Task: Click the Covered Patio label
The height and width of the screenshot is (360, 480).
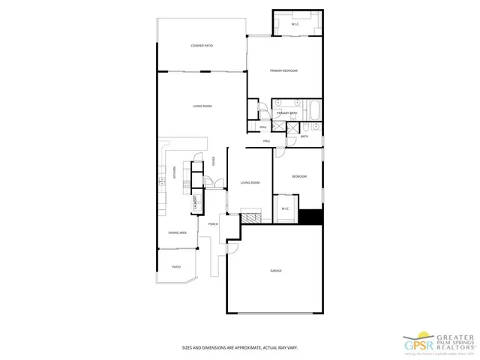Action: tap(202, 46)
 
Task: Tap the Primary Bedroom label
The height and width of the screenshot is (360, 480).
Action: tap(284, 70)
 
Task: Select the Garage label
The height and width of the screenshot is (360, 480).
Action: tap(276, 270)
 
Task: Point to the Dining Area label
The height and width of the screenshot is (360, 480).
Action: tap(178, 233)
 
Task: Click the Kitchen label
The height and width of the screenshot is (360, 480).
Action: tap(174, 172)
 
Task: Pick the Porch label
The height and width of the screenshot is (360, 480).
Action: tap(213, 224)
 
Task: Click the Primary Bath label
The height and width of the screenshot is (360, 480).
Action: tap(287, 113)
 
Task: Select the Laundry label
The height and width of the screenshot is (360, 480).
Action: tap(196, 201)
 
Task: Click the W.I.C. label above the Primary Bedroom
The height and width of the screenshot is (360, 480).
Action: tap(295, 25)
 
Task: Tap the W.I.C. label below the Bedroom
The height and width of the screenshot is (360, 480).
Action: tap(286, 208)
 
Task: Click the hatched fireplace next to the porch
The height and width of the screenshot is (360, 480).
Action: tap(255, 217)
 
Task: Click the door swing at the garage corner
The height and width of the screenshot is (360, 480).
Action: tap(232, 247)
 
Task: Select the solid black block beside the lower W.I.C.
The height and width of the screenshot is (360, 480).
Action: tap(310, 217)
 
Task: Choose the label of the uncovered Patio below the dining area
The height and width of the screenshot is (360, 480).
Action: tap(176, 267)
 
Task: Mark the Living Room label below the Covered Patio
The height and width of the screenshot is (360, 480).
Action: tap(202, 106)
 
